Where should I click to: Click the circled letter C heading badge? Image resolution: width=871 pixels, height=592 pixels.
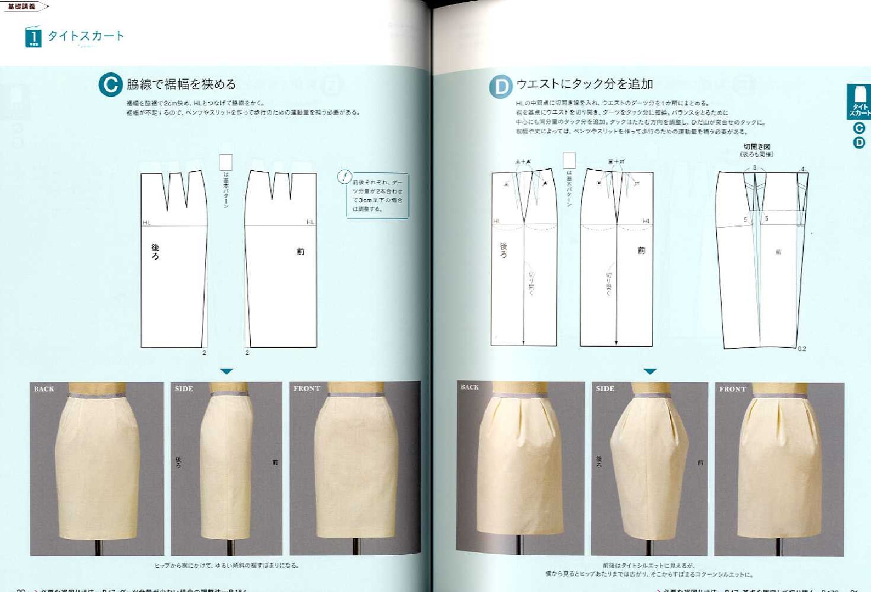[x=110, y=85]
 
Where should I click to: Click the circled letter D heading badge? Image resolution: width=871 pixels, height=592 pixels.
[x=500, y=87]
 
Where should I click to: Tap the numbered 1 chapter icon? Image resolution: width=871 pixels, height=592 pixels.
[x=33, y=37]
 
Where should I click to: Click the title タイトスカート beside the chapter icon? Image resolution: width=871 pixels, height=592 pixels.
[x=86, y=36]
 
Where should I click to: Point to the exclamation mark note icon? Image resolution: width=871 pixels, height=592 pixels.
[x=344, y=177]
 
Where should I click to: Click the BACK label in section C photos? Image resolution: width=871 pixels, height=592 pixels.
[x=44, y=389]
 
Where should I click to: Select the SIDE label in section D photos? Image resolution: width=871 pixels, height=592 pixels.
[x=605, y=388]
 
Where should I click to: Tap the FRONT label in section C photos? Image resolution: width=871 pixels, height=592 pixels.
[x=307, y=388]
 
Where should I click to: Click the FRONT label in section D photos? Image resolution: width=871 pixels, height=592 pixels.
[x=732, y=389]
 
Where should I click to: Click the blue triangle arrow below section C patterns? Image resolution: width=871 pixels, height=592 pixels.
[x=227, y=371]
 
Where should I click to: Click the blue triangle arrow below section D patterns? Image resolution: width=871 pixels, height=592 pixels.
[x=650, y=371]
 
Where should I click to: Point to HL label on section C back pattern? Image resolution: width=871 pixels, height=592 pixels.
[x=146, y=222]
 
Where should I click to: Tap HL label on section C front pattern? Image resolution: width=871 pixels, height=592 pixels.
[x=310, y=222]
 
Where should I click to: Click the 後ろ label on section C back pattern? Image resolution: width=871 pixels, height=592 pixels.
[x=155, y=252]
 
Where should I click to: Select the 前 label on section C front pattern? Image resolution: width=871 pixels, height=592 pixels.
[x=301, y=251]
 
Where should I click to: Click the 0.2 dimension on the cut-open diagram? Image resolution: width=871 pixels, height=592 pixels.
[x=802, y=349]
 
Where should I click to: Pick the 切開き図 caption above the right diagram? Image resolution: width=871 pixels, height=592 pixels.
[x=757, y=146]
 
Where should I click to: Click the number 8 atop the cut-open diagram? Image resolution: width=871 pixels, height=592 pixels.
[x=754, y=167]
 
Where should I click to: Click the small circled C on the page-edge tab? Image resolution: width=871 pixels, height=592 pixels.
[x=859, y=128]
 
